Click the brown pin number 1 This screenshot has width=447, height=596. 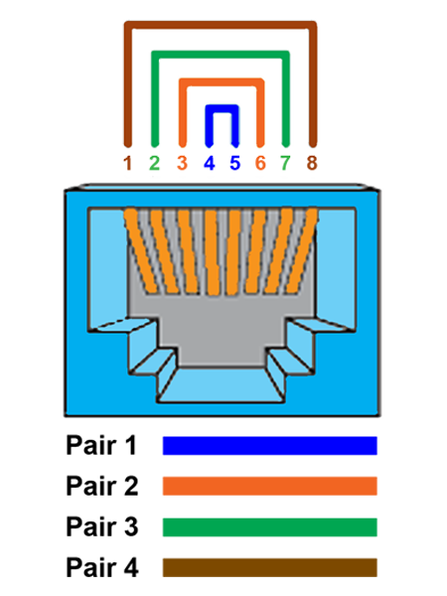128,163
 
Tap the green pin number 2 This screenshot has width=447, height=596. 154,163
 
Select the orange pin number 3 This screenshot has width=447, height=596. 183,163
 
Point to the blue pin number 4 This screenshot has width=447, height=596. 210,163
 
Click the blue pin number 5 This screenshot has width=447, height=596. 235,163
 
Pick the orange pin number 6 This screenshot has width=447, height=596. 260,163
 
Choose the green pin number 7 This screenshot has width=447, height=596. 285,163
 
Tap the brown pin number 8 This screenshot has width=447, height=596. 312,163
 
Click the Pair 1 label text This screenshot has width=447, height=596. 101,445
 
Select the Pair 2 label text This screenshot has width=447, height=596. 102,486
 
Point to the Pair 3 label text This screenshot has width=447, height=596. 102,526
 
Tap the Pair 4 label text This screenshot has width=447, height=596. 102,567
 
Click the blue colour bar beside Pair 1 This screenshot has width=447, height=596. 270,445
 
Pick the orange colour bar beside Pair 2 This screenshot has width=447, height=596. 270,486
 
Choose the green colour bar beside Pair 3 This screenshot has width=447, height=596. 270,527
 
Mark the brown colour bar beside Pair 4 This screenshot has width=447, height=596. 270,568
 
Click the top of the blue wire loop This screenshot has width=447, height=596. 222,108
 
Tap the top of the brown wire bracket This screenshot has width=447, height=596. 221,25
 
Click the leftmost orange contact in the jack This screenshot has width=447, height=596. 141,251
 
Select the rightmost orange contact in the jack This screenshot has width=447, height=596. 302,251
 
